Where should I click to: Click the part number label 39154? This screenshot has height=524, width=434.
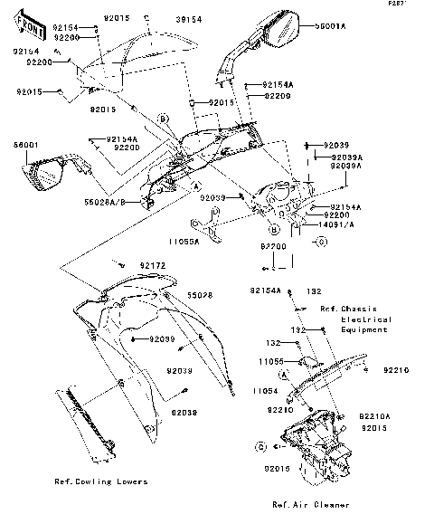(187, 17)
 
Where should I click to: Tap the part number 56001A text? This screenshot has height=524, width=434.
(330, 28)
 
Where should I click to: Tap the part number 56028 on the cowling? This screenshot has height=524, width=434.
(199, 295)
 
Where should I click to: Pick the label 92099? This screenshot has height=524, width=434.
(160, 338)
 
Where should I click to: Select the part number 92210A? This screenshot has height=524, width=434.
(375, 416)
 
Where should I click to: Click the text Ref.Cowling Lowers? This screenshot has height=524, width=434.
(101, 481)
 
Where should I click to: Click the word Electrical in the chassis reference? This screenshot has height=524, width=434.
(365, 319)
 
